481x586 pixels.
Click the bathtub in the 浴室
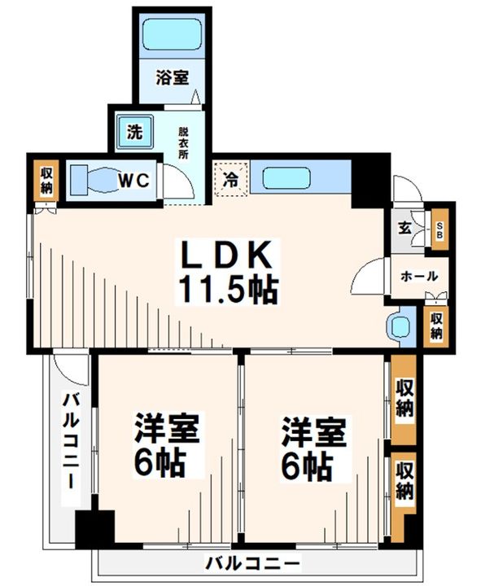173,34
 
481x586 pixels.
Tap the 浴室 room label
172,78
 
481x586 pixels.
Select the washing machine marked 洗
134,133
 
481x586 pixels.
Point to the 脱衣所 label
183,143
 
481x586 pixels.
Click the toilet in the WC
94,180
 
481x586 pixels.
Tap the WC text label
133,181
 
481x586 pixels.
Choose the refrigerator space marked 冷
230,179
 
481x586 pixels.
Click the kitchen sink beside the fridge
286,178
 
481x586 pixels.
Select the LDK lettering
226,255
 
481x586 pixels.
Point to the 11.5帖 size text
228,290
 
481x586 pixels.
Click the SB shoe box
439,230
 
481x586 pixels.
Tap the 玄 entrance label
404,228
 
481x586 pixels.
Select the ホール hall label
419,276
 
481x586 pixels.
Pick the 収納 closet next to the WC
46,181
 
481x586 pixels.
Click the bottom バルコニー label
253,563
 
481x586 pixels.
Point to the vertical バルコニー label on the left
70,440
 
